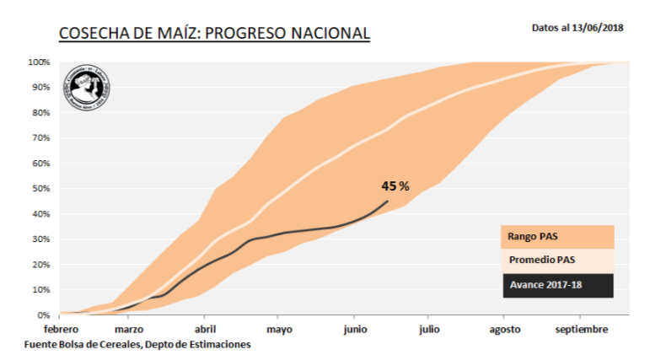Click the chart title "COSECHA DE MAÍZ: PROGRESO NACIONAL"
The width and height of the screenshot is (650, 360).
tap(214, 35)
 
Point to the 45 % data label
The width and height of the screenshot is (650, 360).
tap(395, 186)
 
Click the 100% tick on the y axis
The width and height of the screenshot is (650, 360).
tap(38, 62)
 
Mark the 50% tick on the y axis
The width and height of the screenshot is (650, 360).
tap(40, 189)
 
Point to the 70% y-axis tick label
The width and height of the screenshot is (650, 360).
tap(40, 138)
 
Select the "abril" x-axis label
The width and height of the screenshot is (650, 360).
tap(208, 330)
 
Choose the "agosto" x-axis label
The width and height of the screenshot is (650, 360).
tap(505, 330)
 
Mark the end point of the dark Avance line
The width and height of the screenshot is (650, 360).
tap(388, 201)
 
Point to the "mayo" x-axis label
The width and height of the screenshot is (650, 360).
tap(281, 330)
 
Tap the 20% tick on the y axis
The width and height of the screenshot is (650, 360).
tap(40, 265)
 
